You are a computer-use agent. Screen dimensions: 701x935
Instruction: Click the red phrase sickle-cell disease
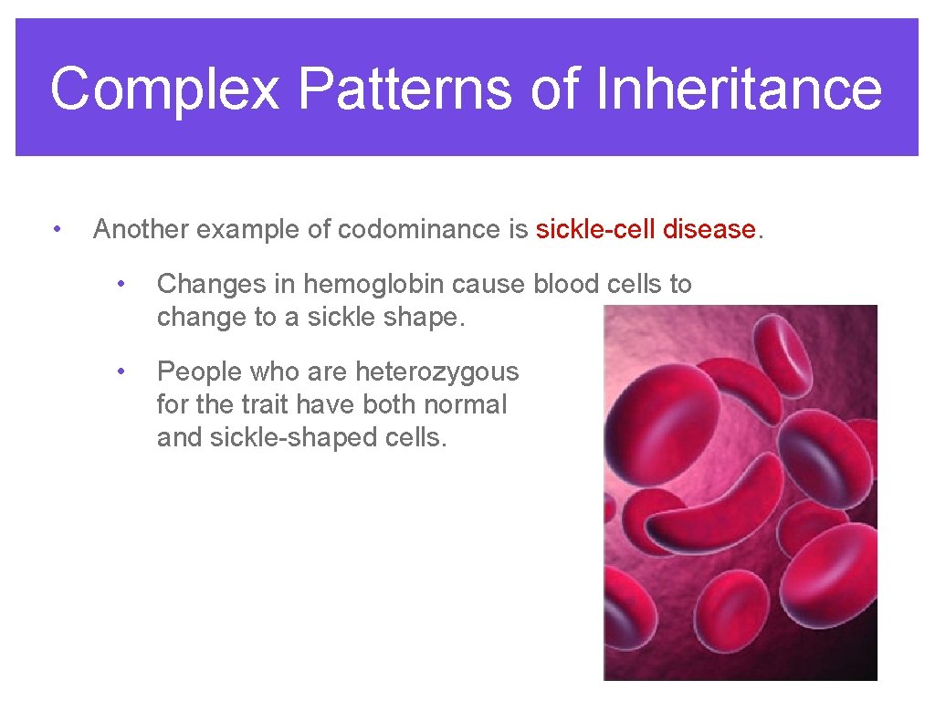click(646, 229)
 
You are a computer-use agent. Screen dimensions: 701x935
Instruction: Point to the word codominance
click(419, 229)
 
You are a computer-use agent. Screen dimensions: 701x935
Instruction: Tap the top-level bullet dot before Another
click(57, 228)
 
